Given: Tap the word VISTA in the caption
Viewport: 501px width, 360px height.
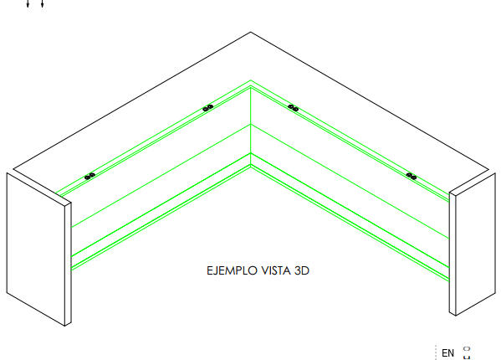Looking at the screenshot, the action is click(276, 270).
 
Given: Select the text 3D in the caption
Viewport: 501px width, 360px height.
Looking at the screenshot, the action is click(302, 270).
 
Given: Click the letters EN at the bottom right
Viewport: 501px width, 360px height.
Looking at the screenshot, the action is click(447, 353).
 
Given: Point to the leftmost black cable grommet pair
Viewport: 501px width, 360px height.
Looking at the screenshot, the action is click(89, 176).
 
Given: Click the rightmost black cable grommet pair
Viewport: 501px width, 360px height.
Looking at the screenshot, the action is click(412, 176).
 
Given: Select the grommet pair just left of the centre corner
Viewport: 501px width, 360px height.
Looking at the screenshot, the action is click(208, 108).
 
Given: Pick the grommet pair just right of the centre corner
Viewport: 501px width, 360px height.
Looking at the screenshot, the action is click(293, 108).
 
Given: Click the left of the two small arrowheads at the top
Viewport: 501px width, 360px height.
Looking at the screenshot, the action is click(28, 4).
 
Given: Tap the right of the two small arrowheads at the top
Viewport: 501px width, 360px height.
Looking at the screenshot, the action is click(42, 4).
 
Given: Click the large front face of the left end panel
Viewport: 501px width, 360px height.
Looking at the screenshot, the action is click(36, 249).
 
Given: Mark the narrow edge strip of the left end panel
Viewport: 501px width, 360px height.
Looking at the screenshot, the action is click(68, 264).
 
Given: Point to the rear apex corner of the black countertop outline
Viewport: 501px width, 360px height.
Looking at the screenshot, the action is click(251, 32).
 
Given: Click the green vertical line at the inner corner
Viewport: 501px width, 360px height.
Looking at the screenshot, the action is click(251, 127).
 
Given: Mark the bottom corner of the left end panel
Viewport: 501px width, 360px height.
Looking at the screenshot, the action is click(65, 326).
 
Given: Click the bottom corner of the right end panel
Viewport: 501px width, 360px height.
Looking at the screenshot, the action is click(455, 316).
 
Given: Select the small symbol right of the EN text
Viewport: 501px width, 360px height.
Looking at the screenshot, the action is click(467, 353).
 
